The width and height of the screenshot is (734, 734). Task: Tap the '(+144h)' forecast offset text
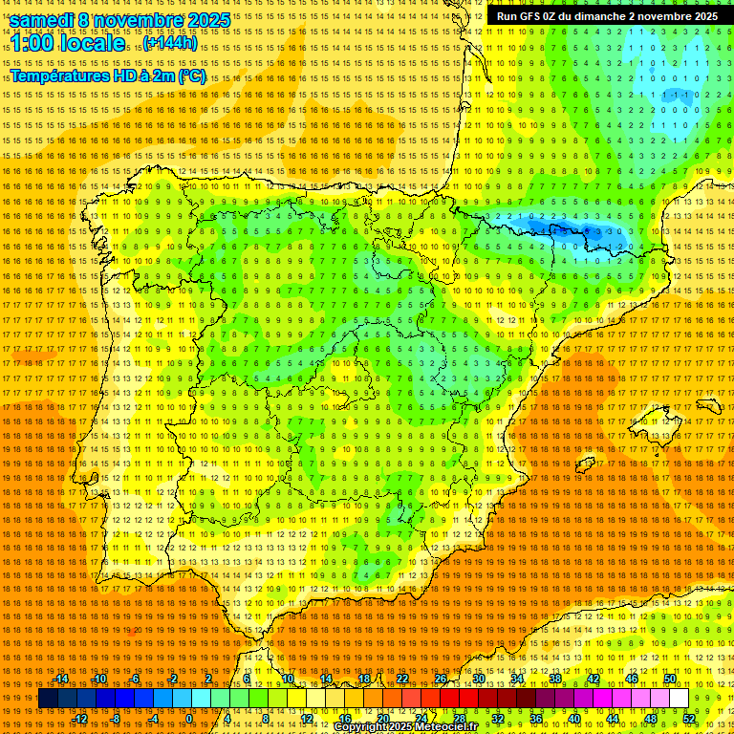pyautogui.click(x=170, y=43)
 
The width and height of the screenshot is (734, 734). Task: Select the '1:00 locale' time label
pyautogui.click(x=68, y=43)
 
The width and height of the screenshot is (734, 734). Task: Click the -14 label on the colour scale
pyautogui.click(x=62, y=679)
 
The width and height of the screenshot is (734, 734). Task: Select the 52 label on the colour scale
pyautogui.click(x=690, y=719)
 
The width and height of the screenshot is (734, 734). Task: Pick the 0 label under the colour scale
pyautogui.click(x=189, y=719)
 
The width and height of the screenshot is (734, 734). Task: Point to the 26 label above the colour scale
pyautogui.click(x=441, y=679)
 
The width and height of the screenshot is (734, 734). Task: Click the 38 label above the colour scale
pyautogui.click(x=555, y=679)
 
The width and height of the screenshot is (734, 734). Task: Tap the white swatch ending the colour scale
pyautogui.click(x=679, y=699)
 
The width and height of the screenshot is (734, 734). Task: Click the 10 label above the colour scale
pyautogui.click(x=288, y=679)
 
